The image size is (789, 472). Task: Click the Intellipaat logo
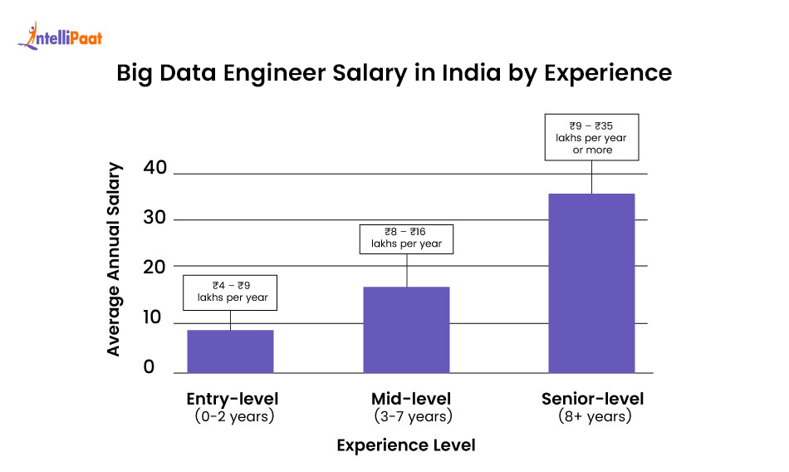pos(60,36)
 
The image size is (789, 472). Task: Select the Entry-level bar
pos(230,351)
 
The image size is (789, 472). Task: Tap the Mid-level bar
pos(406,329)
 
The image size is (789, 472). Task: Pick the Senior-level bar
pos(591,283)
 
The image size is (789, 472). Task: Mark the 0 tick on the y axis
pos(149,367)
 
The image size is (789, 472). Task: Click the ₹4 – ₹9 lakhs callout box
pos(230,293)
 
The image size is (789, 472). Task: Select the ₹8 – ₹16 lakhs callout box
pos(406,238)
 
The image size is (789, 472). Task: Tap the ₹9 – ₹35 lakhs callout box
pos(591,137)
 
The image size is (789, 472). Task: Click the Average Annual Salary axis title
pos(114,259)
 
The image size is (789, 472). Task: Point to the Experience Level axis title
pos(406,445)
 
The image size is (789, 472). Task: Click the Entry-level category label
pos(233,398)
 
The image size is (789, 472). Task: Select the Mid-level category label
pos(412,398)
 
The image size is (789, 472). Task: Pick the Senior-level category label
pos(593,398)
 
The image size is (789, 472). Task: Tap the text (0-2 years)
pos(233,416)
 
